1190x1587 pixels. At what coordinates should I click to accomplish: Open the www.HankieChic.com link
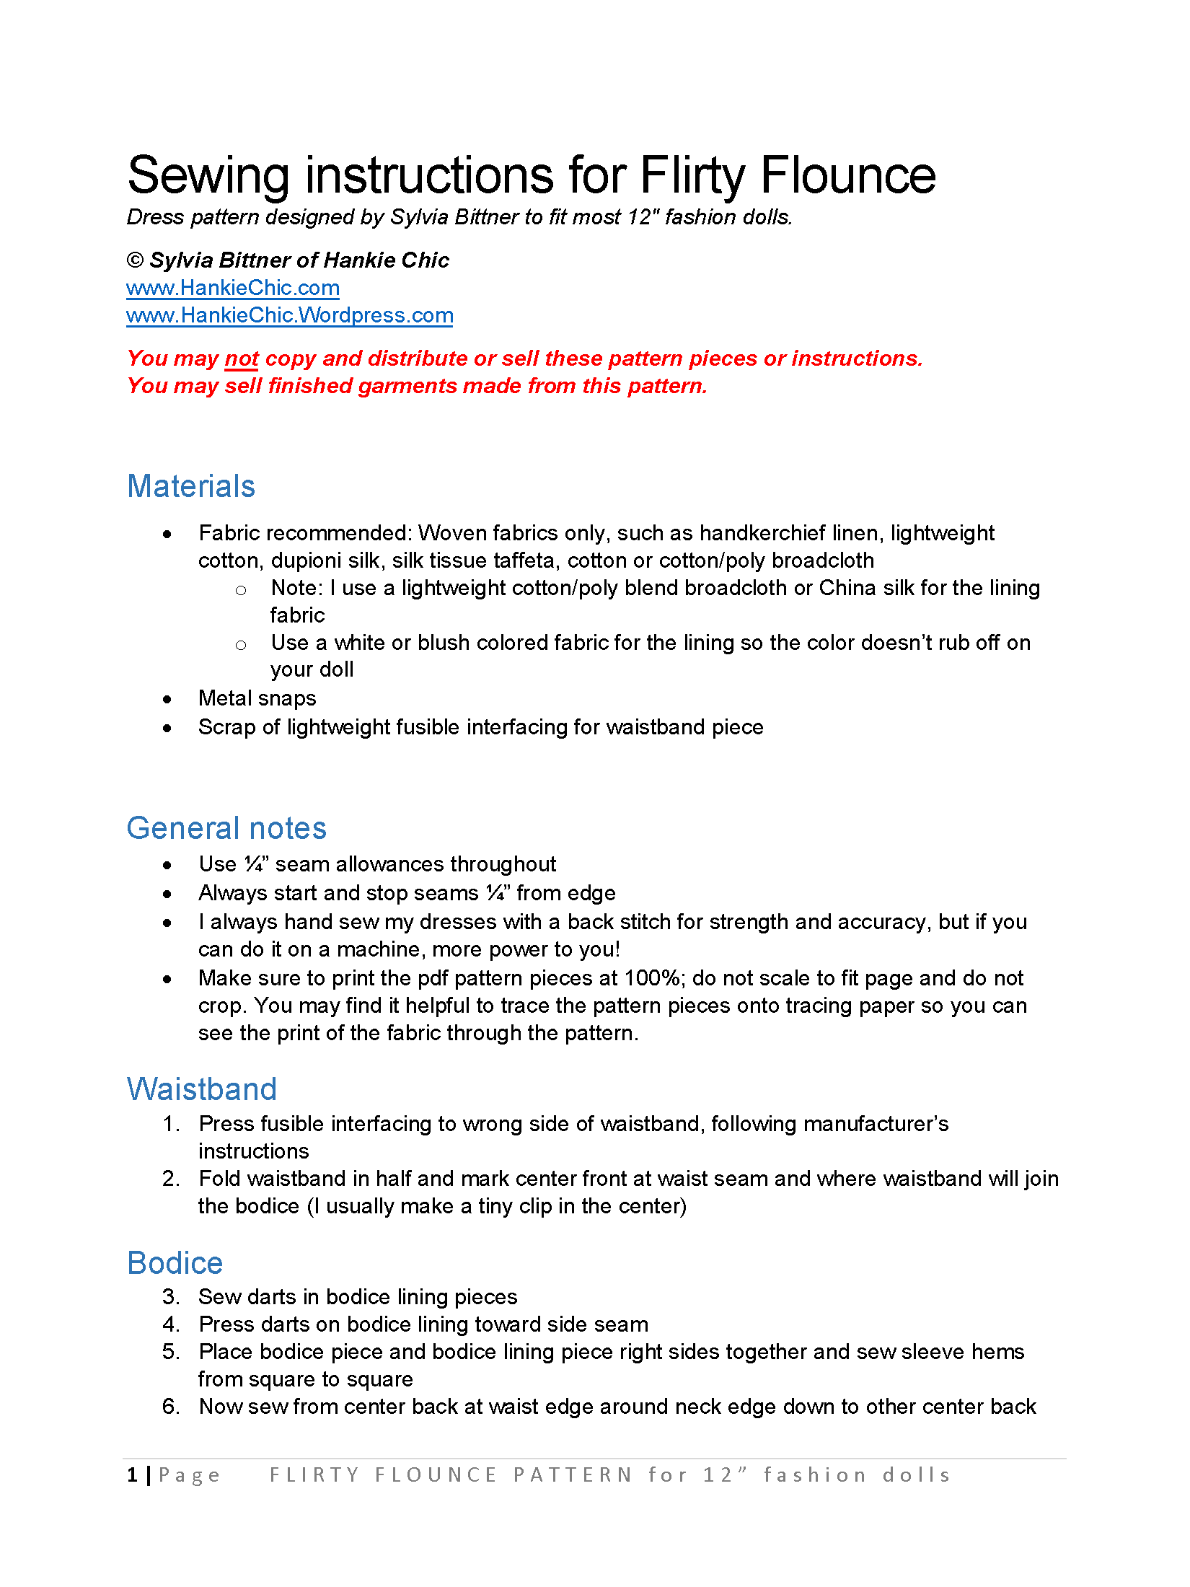point(232,288)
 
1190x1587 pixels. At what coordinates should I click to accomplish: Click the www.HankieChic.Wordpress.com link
point(289,315)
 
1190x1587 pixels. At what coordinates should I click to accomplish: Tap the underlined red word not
point(242,359)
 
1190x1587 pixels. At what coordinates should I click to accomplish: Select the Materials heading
point(191,486)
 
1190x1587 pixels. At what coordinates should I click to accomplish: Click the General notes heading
point(226,828)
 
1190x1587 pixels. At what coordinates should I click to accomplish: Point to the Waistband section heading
point(202,1089)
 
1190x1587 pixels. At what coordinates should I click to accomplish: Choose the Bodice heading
point(175,1263)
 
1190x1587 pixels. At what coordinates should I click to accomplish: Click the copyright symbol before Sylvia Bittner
point(135,260)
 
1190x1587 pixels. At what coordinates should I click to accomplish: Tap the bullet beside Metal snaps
point(167,699)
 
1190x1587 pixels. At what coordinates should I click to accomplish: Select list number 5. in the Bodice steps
point(171,1352)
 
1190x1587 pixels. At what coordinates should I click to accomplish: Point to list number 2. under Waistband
point(171,1179)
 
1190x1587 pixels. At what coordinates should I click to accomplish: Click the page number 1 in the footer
point(132,1475)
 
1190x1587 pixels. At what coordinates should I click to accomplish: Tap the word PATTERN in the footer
point(573,1475)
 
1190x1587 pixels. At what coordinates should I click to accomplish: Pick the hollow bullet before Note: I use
point(241,590)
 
